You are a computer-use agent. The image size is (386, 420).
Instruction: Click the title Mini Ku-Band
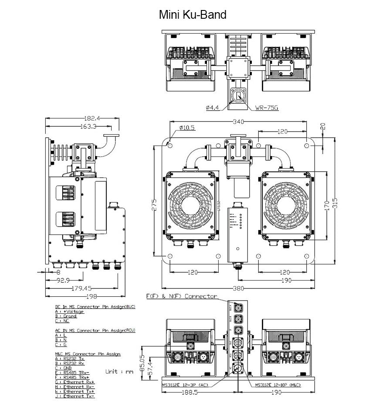(x=193, y=15)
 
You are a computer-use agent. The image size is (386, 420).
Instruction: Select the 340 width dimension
(x=238, y=121)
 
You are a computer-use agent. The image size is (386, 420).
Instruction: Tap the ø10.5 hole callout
(x=187, y=128)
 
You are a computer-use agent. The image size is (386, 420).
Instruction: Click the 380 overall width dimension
(x=238, y=288)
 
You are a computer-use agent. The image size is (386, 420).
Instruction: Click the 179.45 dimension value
(x=81, y=288)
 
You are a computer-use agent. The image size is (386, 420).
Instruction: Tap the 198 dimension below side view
(x=85, y=297)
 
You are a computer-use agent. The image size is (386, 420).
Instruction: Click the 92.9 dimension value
(x=64, y=280)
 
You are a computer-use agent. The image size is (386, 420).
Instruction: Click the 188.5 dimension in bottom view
(x=189, y=393)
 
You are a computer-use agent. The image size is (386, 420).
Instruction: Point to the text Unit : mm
(x=119, y=372)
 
